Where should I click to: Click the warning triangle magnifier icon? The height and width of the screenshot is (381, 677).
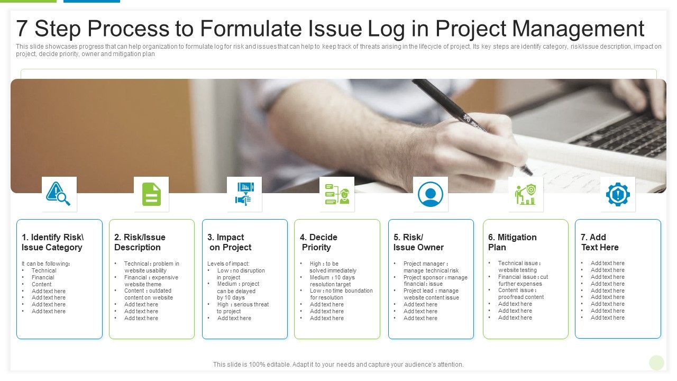59,194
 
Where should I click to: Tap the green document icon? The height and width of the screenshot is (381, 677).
151,194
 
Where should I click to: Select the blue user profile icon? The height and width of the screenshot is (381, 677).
430,194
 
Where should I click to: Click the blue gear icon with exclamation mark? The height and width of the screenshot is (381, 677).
617,194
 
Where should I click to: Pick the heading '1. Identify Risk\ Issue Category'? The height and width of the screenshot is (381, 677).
52,242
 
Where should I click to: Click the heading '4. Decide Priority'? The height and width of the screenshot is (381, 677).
318,242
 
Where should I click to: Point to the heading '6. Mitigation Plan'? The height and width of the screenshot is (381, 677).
512,242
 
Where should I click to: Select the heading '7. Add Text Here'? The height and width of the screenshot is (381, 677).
599,242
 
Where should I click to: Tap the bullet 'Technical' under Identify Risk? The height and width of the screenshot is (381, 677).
44,270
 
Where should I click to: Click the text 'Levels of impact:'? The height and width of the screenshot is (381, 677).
228,264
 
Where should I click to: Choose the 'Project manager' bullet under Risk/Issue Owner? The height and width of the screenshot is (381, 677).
425,264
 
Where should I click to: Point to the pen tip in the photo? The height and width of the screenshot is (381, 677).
528,172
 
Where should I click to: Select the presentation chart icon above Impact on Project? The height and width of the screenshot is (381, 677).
244,194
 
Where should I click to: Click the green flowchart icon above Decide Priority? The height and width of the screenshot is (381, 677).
337,194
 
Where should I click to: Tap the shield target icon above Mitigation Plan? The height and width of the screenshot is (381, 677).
525,194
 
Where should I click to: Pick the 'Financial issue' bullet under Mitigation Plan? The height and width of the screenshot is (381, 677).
523,277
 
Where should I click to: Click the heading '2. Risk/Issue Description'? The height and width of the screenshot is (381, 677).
140,242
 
